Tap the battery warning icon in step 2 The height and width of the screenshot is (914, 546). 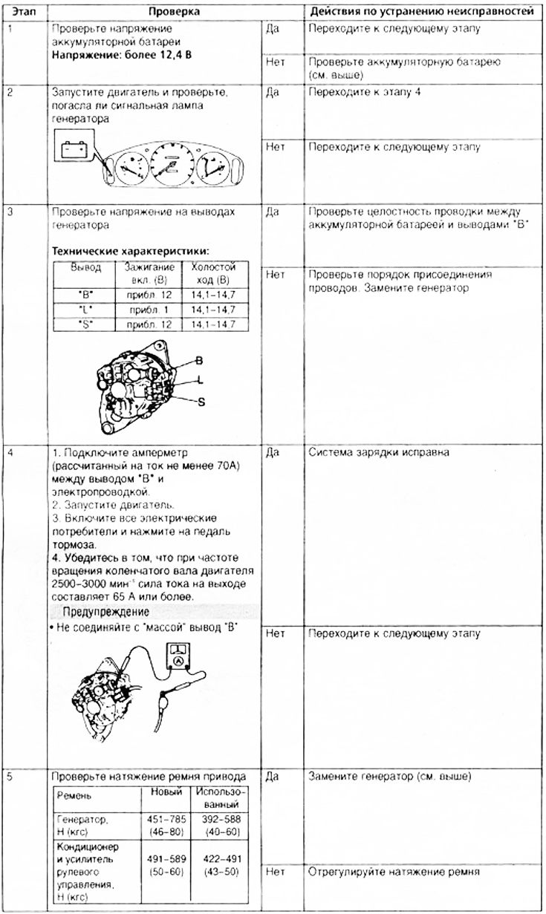(x=74, y=150)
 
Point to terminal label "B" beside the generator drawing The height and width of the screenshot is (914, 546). (x=199, y=360)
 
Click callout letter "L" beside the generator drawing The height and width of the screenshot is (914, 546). (x=200, y=380)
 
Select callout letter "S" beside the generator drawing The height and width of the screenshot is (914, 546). (x=201, y=401)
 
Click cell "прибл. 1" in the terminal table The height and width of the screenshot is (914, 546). (x=156, y=309)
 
